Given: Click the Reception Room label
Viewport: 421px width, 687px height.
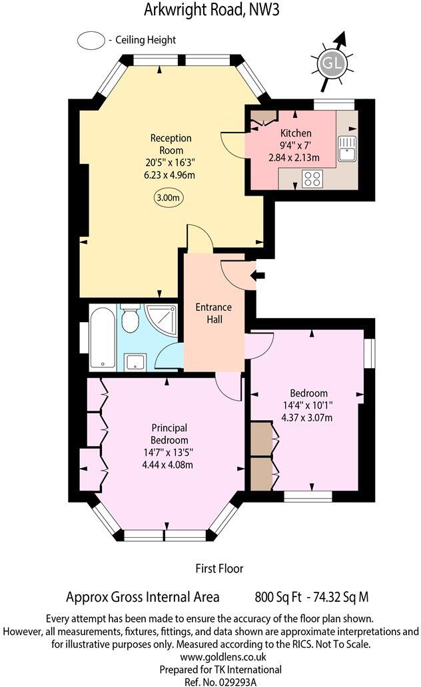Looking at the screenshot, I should point(171,144).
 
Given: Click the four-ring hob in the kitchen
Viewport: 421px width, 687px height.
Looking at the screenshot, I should point(312,178).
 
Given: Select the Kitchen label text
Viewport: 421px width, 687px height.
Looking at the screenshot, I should point(296,133).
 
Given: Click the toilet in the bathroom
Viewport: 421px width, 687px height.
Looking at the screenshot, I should point(131,321).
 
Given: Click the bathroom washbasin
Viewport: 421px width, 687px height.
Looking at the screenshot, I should point(136,361).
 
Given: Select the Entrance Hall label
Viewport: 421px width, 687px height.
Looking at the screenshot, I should point(213,313).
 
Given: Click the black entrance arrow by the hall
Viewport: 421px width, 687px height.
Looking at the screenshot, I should point(258,274).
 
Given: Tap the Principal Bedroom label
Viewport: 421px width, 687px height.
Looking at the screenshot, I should point(169,434).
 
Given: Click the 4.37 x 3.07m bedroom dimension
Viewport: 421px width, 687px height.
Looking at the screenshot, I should point(307,417).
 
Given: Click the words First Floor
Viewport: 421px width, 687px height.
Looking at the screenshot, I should point(219,569).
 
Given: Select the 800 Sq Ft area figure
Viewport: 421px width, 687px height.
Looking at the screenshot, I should point(277,596).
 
